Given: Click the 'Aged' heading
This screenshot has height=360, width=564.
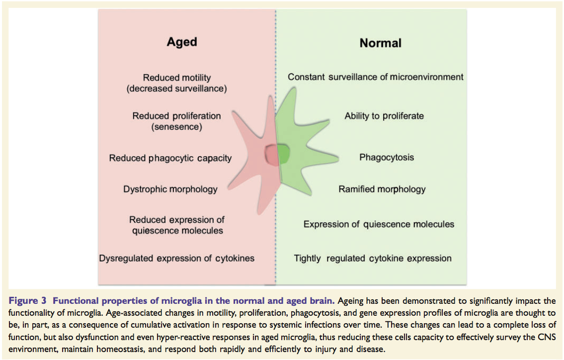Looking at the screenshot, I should [182, 42].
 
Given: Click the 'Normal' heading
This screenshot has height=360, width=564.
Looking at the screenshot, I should [380, 43].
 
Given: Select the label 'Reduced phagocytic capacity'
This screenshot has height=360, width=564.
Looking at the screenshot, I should [170, 158].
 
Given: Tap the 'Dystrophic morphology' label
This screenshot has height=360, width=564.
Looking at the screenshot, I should [170, 189].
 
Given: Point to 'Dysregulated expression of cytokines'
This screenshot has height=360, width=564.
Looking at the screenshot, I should [177, 258].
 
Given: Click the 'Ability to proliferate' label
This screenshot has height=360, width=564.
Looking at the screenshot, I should [384, 116].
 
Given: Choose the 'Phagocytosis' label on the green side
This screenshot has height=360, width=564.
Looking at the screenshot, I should [387, 158].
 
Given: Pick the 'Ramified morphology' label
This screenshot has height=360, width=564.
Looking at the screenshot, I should [382, 189].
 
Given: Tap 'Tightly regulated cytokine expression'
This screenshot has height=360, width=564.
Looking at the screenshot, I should [373, 258].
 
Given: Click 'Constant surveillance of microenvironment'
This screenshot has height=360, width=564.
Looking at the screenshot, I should [375, 77].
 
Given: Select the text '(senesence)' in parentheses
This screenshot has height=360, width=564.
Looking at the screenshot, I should [176, 127].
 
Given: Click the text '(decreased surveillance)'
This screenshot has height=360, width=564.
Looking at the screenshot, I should [176, 89].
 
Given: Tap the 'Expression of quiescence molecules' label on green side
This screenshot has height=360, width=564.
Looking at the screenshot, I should [379, 224].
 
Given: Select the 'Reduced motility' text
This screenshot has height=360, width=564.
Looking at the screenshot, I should [176, 78].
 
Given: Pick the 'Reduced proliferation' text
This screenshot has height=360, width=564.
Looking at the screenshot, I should [176, 116].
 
